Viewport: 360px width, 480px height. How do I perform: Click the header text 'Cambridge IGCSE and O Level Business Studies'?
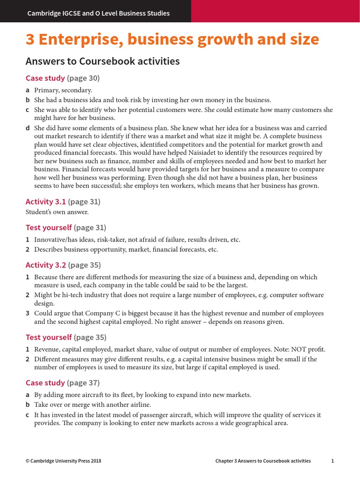98,13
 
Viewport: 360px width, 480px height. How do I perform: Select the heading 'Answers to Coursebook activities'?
103,61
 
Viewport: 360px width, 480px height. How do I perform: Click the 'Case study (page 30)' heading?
62,78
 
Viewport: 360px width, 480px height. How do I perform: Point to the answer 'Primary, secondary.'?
63,90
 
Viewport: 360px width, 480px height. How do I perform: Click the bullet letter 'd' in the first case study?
28,128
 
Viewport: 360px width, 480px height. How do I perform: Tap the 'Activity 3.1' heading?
46,202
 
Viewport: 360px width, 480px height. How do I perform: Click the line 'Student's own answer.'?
57,212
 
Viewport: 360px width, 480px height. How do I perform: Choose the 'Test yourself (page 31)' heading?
66,228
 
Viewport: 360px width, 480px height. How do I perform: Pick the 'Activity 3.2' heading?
46,265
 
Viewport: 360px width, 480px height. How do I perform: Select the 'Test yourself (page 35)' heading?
66,337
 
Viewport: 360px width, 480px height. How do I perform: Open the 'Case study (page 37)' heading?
62,383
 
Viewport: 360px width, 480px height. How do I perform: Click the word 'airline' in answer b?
139,405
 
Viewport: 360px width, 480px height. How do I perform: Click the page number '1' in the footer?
332,461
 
